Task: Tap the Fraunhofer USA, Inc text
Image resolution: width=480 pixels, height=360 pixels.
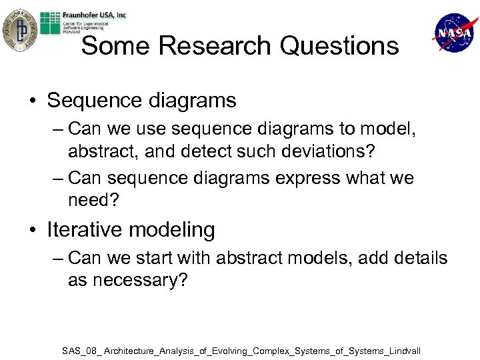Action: tap(93, 15)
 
